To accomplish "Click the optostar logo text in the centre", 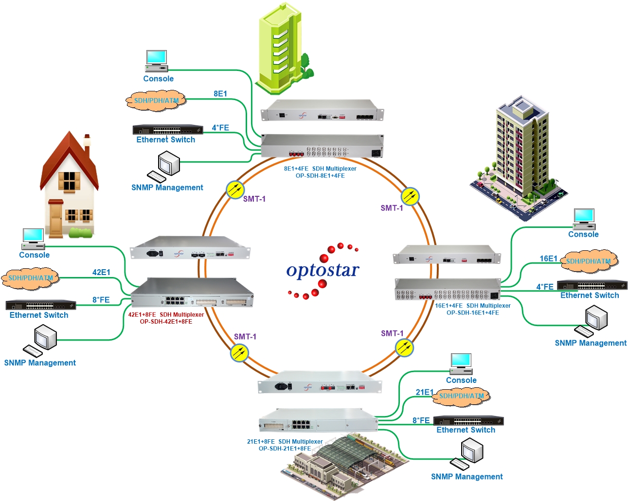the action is tap(323, 270).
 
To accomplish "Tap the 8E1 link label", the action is tap(220, 94).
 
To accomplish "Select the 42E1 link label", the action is tap(101, 273).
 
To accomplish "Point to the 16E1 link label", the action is tap(548, 259).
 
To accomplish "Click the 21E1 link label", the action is tap(425, 392).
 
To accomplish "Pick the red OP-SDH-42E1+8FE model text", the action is tap(166, 322).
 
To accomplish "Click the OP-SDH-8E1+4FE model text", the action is tap(320, 175).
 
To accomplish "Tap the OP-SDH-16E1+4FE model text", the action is tap(473, 312).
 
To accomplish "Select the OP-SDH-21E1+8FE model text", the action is tap(285, 448).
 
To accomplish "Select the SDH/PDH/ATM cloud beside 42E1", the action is tap(30, 278).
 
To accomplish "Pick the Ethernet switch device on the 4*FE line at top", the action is tap(168, 130).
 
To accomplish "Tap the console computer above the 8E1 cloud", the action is tap(157, 61).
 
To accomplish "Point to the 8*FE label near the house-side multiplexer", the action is tap(101, 300).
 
